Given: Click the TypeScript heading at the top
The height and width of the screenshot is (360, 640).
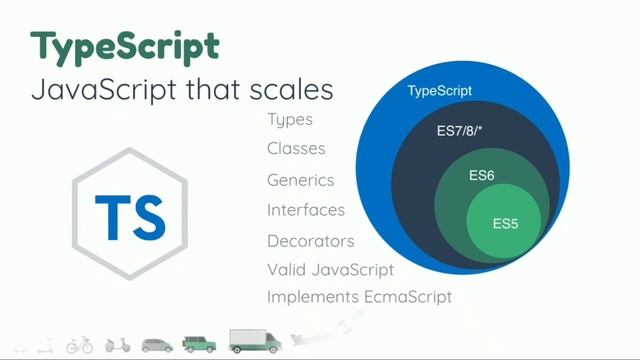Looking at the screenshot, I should pyautogui.click(x=124, y=46).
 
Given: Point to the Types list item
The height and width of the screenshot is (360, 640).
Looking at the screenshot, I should pyautogui.click(x=290, y=120).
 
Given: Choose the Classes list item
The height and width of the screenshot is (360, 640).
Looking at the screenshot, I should pyautogui.click(x=296, y=149).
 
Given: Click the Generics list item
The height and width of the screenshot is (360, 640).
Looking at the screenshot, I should pyautogui.click(x=300, y=181).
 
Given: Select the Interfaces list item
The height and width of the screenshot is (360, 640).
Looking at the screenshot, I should pyautogui.click(x=306, y=210).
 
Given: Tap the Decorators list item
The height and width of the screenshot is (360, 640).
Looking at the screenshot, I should pyautogui.click(x=311, y=241).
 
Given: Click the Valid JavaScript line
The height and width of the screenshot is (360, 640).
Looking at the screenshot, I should pyautogui.click(x=330, y=269).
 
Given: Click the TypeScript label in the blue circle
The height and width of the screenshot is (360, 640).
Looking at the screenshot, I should pyautogui.click(x=439, y=92).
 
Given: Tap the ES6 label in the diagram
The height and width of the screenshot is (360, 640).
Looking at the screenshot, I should pyautogui.click(x=482, y=176).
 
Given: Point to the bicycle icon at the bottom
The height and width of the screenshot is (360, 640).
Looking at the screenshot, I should pyautogui.click(x=79, y=345).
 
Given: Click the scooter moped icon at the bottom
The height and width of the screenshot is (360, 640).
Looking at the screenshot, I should pyautogui.click(x=118, y=345).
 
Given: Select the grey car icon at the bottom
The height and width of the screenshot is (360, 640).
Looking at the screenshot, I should pyautogui.click(x=157, y=345).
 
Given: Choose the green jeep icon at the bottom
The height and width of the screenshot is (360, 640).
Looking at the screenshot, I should pyautogui.click(x=200, y=344).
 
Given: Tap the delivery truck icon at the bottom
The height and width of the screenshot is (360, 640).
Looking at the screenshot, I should pyautogui.click(x=255, y=341).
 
